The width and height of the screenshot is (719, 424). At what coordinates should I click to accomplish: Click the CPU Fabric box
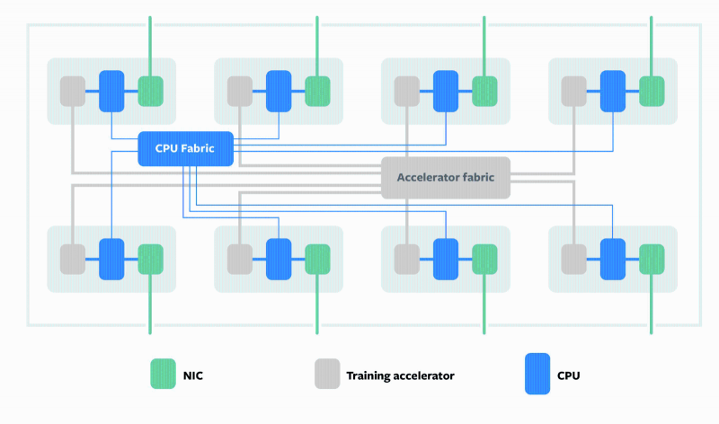pyautogui.click(x=185, y=149)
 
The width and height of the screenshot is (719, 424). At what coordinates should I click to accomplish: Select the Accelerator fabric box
pyautogui.click(x=446, y=178)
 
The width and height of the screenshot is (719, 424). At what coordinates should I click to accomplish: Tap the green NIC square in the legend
pyautogui.click(x=163, y=374)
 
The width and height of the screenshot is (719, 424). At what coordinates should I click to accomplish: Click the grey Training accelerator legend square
pyautogui.click(x=327, y=374)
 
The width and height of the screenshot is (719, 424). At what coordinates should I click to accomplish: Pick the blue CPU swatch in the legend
pyautogui.click(x=537, y=374)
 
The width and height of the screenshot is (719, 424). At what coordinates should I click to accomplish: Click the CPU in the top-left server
pyautogui.click(x=111, y=91)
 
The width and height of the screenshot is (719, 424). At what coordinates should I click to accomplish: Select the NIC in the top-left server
pyautogui.click(x=150, y=91)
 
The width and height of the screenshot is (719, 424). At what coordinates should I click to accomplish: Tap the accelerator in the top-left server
pyautogui.click(x=73, y=91)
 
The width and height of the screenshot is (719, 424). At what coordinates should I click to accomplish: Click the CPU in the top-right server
pyautogui.click(x=613, y=91)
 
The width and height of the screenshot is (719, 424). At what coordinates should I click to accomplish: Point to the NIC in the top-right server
pyautogui.click(x=652, y=91)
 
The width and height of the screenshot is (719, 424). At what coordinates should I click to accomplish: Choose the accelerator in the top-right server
pyautogui.click(x=574, y=91)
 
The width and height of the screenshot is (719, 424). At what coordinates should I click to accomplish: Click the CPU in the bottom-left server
pyautogui.click(x=111, y=259)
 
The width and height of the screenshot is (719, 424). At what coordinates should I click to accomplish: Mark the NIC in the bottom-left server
pyautogui.click(x=150, y=259)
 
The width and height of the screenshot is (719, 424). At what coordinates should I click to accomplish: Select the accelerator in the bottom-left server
pyautogui.click(x=73, y=259)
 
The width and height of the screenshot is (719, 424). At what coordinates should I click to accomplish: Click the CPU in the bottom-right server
pyautogui.click(x=613, y=259)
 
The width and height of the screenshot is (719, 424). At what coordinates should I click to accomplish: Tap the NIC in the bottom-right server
pyautogui.click(x=652, y=259)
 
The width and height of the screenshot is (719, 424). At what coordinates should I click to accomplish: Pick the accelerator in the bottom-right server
pyautogui.click(x=574, y=259)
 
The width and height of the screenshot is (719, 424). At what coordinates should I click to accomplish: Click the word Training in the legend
pyautogui.click(x=369, y=375)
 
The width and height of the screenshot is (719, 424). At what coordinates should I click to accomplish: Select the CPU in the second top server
pyautogui.click(x=279, y=91)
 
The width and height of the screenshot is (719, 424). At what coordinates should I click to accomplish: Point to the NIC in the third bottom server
pyautogui.click(x=484, y=259)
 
